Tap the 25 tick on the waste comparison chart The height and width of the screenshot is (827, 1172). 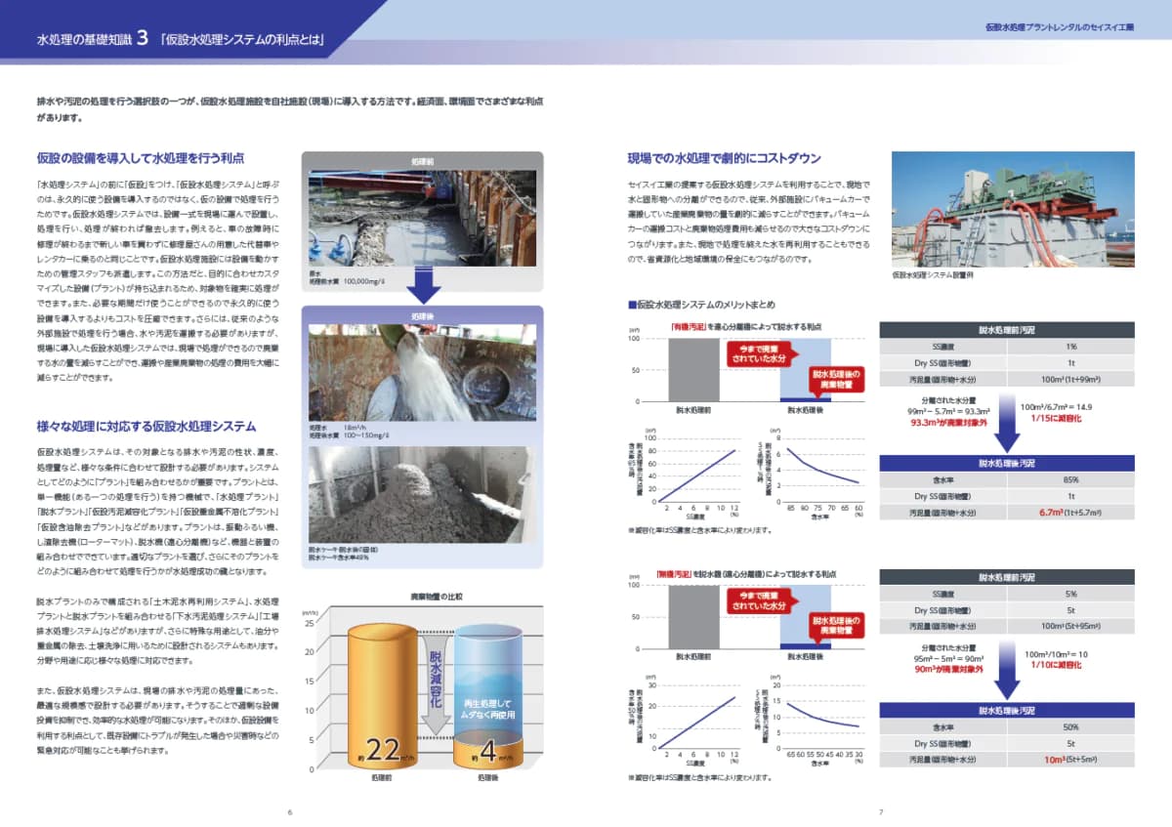[x=311, y=622]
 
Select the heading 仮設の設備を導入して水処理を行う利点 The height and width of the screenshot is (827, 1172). [x=140, y=157]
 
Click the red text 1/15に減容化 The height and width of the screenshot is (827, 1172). [x=1051, y=418]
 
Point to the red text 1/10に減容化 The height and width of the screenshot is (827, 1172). [x=1051, y=664]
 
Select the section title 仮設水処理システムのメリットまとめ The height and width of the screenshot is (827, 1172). [x=708, y=307]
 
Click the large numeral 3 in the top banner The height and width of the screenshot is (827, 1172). [x=143, y=39]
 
